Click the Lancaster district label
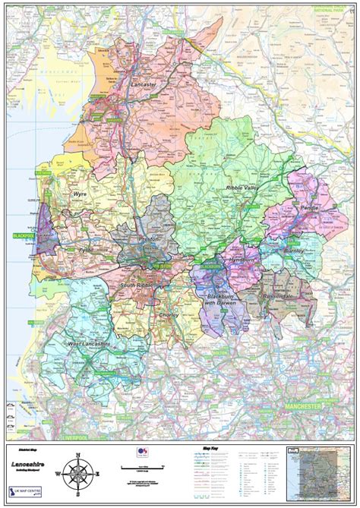pos(144,85)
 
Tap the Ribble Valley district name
pos(243,186)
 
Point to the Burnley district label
pos(293,250)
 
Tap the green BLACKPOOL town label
pos(24,236)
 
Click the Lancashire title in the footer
pos(29,461)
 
